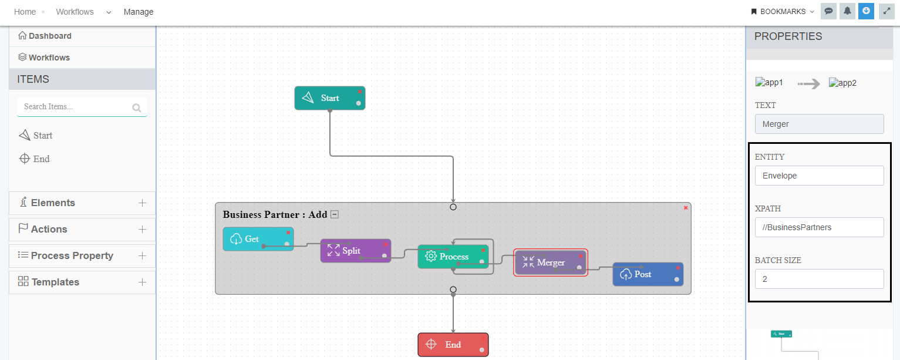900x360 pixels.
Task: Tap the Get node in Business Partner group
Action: click(x=252, y=239)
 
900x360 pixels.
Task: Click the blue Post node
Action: click(x=643, y=274)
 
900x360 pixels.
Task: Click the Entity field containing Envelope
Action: click(x=819, y=176)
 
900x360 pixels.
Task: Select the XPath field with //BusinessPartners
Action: click(x=819, y=227)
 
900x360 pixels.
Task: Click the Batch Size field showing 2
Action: click(x=819, y=279)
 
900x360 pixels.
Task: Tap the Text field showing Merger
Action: click(x=819, y=124)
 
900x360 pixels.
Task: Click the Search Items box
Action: click(x=76, y=107)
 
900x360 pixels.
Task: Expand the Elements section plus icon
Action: click(x=142, y=203)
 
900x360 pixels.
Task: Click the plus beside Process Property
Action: click(x=142, y=256)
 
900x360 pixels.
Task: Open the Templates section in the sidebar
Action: click(x=55, y=282)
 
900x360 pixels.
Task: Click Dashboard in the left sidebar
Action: click(x=50, y=36)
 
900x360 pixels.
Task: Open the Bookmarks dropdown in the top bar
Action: click(x=783, y=12)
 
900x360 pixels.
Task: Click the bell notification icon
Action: click(x=847, y=11)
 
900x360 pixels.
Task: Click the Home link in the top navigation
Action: click(x=25, y=12)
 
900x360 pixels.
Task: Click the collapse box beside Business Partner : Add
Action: click(x=335, y=214)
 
